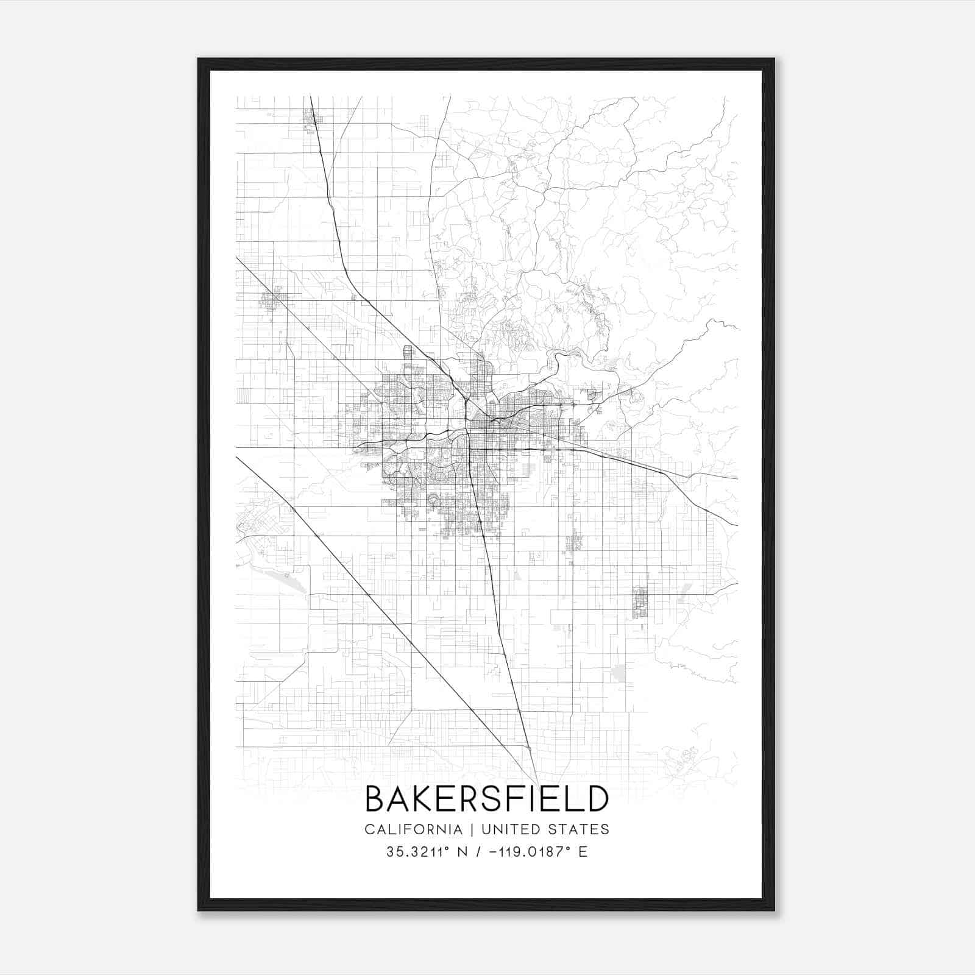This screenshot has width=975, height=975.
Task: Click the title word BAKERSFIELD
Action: pos(487,799)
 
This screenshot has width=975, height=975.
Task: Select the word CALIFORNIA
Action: pos(413,829)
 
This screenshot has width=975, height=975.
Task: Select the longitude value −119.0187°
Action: pos(526,852)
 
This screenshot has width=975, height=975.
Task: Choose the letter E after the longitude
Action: pos(583,852)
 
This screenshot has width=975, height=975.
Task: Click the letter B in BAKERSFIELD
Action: pos(375,799)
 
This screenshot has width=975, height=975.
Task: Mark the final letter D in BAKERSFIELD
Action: pos(598,799)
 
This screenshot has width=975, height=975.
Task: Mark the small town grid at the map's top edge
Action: pos(311,116)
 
